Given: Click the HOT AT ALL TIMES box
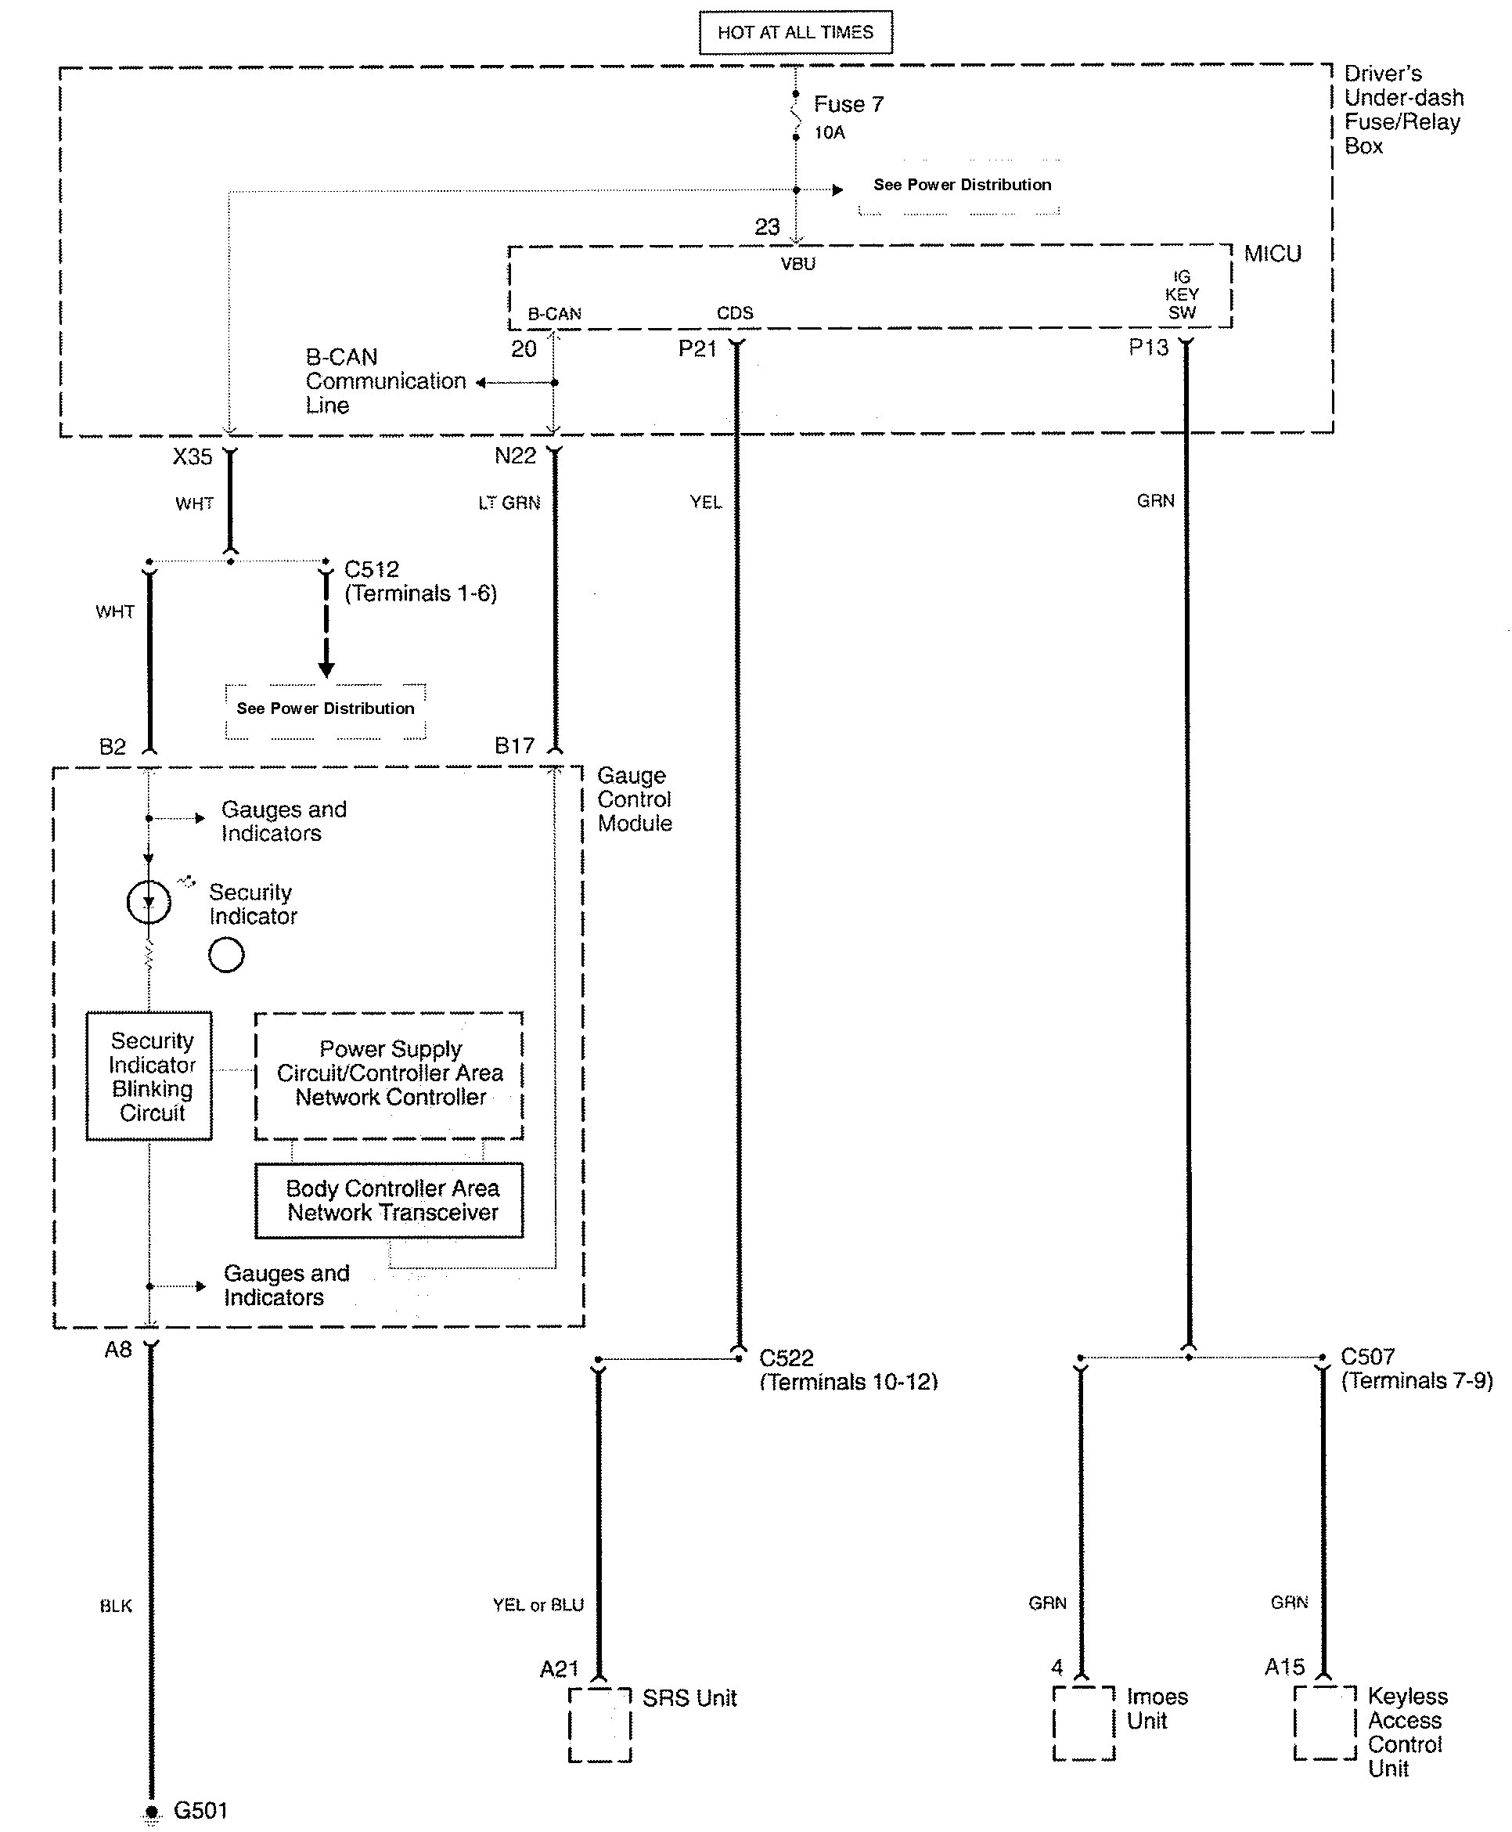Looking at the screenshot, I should coord(795,32).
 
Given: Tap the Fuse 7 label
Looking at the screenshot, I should coord(848,105).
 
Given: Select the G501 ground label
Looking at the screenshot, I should coord(200,1810).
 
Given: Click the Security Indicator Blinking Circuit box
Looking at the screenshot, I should coord(149,1076).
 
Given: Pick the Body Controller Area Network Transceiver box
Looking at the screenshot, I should coord(389,1200).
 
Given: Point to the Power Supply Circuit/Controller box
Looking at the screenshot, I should coord(389,1075).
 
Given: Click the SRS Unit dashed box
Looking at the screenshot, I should coord(599,1725).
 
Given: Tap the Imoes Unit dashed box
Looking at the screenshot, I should coord(1082,1723).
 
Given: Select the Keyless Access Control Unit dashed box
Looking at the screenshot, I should coord(1324,1723).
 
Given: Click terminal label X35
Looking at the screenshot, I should coord(193,456).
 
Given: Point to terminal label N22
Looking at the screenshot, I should coord(515,456).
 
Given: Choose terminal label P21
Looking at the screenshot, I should coord(697,348).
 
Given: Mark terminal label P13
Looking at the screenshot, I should coord(1148,348).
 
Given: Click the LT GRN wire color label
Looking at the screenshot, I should coord(509,503).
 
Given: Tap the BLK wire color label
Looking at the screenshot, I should coord(116,1606).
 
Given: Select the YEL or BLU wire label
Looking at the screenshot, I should coord(538,1605).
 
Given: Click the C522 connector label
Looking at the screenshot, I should coord(787,1358).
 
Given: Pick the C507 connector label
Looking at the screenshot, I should coord(1367,1356).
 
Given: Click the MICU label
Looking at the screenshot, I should coord(1272,254).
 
